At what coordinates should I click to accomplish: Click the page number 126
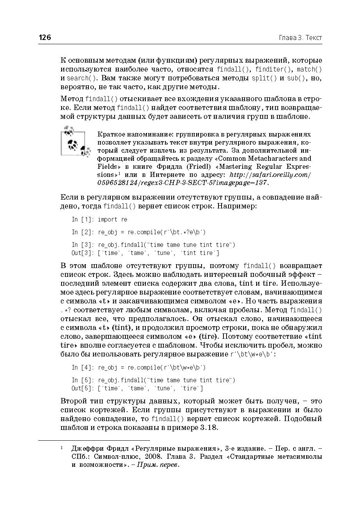[x=45, y=37]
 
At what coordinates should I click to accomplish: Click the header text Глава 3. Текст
[x=300, y=38]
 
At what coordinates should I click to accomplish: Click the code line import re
[x=112, y=219]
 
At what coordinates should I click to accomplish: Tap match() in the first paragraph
[x=309, y=69]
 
